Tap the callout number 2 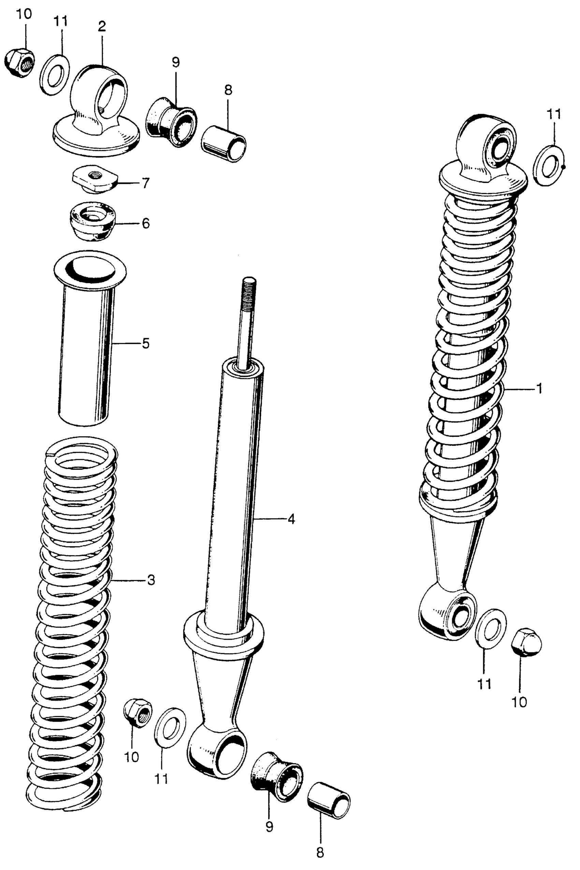click(102, 26)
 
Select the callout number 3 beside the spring click(150, 580)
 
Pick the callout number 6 click(145, 223)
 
